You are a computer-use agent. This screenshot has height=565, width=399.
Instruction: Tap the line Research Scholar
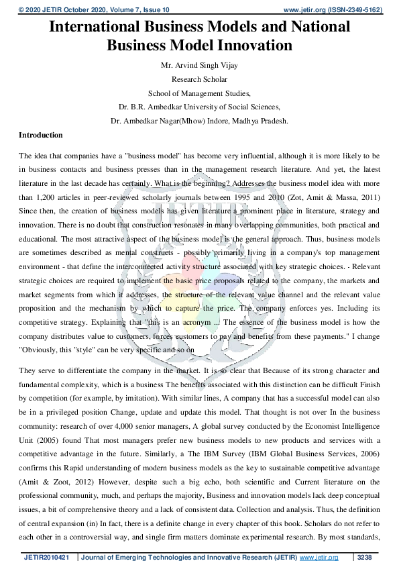pos(199,79)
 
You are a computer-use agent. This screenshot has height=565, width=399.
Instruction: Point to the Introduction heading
pos(41,135)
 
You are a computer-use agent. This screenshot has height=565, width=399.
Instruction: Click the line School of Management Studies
pos(199,93)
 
